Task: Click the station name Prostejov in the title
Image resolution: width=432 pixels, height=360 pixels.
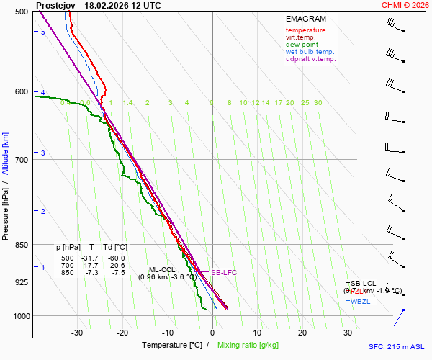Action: click(x=55, y=5)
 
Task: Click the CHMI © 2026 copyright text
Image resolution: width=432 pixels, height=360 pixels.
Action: click(x=405, y=5)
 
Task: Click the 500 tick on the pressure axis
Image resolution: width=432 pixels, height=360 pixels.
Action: click(x=21, y=12)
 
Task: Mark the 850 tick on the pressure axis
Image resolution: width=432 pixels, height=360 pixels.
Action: click(x=21, y=245)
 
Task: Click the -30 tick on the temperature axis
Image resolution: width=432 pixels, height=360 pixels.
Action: click(x=78, y=333)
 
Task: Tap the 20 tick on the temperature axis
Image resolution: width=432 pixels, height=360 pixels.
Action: click(x=302, y=333)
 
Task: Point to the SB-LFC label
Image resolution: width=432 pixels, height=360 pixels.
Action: click(x=223, y=273)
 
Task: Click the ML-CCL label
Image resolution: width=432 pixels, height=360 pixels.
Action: click(x=162, y=269)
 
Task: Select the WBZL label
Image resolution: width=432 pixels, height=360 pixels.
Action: click(x=360, y=301)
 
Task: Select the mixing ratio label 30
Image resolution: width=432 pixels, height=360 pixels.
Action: click(x=318, y=103)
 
